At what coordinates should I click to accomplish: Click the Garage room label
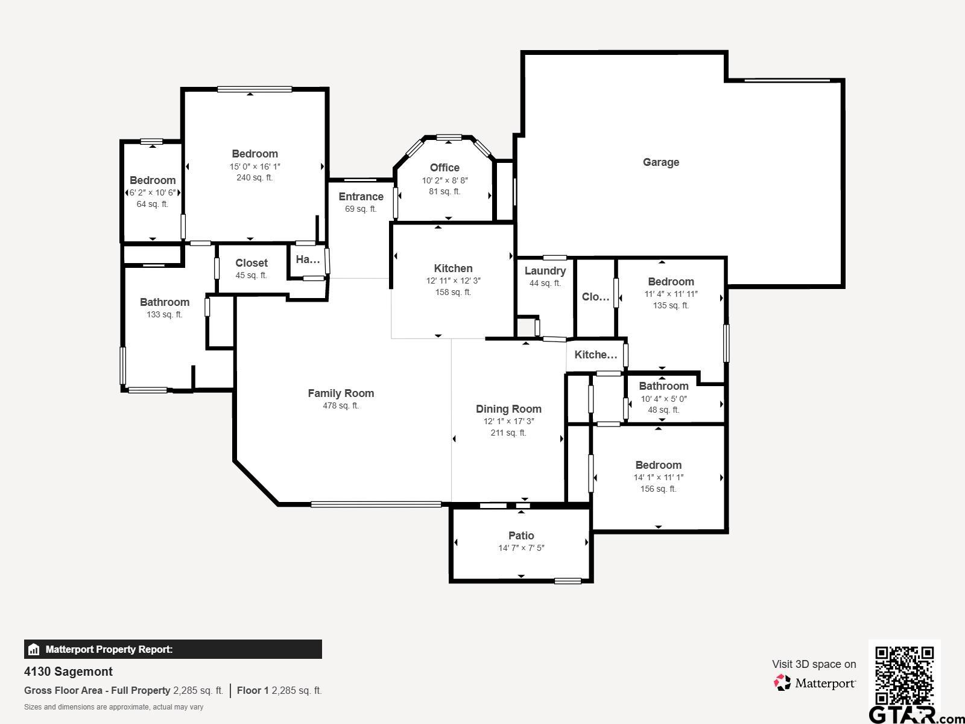[661, 162]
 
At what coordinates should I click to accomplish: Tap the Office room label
[445, 168]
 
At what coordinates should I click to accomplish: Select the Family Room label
[341, 393]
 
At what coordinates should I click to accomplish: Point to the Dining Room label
[508, 409]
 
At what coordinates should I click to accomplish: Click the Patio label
[521, 535]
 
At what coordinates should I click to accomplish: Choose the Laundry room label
[545, 271]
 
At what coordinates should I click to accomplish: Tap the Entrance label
[361, 197]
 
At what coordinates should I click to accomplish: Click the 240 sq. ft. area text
[255, 177]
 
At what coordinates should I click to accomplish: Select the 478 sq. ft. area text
[341, 405]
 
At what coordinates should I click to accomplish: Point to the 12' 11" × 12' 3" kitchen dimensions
[454, 281]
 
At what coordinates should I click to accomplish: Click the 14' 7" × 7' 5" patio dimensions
[521, 548]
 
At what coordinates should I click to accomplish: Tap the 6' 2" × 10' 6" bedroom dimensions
[153, 192]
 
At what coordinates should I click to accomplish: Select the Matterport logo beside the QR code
[814, 683]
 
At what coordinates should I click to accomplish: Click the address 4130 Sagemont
[68, 672]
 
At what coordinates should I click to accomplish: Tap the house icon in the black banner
[33, 649]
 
